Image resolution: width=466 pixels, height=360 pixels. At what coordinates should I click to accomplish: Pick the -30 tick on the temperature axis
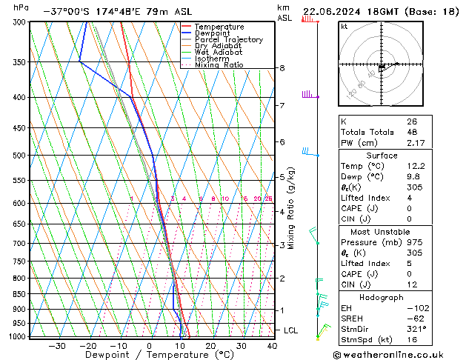[x=56, y=346]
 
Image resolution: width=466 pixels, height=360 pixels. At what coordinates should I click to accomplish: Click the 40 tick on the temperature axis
[x=272, y=346]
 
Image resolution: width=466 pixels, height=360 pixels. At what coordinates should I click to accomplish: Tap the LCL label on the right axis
[x=291, y=330]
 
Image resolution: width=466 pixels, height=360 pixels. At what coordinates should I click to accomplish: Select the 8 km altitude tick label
[x=282, y=68]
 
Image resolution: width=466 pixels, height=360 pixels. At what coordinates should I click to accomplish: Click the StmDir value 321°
[x=416, y=329]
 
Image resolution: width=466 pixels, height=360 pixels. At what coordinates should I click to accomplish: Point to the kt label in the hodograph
[x=344, y=27]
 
